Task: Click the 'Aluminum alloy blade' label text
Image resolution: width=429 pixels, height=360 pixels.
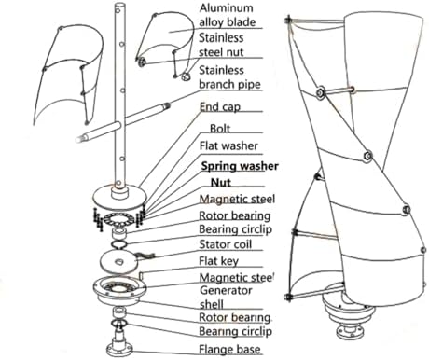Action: pos(228,15)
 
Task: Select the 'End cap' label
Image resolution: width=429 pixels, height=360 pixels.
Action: pos(220,106)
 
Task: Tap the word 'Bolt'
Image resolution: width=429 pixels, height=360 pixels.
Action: pos(220,129)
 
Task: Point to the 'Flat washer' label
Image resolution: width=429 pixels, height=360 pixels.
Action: pos(228,145)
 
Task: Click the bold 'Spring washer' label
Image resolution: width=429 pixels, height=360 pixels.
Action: pos(240,166)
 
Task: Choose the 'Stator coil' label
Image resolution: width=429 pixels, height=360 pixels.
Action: pos(225,244)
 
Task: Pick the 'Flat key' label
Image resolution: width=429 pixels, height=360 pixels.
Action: pos(218,261)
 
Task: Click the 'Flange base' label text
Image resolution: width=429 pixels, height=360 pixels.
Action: pos(229,349)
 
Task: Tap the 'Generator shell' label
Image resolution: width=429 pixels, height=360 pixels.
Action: pos(226,298)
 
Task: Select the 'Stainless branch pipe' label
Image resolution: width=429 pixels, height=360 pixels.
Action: pos(229,77)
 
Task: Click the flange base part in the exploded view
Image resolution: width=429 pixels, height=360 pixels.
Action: pos(119,344)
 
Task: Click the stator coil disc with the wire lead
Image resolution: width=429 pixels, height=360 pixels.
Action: pos(119,262)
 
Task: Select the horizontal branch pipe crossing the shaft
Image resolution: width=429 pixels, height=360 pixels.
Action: pos(123,123)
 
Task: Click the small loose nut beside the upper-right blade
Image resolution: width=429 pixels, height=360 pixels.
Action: pos(186,76)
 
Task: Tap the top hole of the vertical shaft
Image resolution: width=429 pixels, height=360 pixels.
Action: pos(118,10)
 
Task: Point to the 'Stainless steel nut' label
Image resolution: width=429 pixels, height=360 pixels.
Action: pos(221,45)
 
